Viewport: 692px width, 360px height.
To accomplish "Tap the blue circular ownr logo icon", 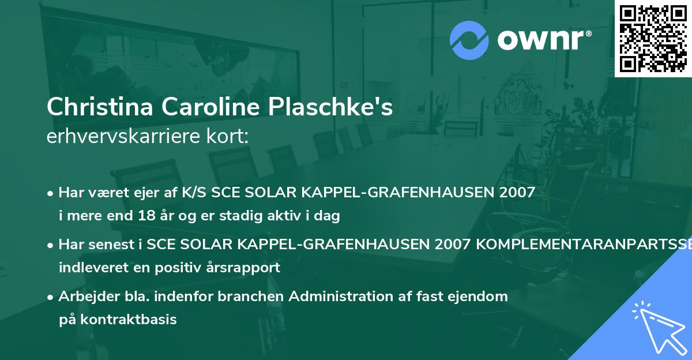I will coord(469,40).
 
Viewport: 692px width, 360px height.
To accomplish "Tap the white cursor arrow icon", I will coord(657,327).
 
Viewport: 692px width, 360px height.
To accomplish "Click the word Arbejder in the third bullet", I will coord(85,296).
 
